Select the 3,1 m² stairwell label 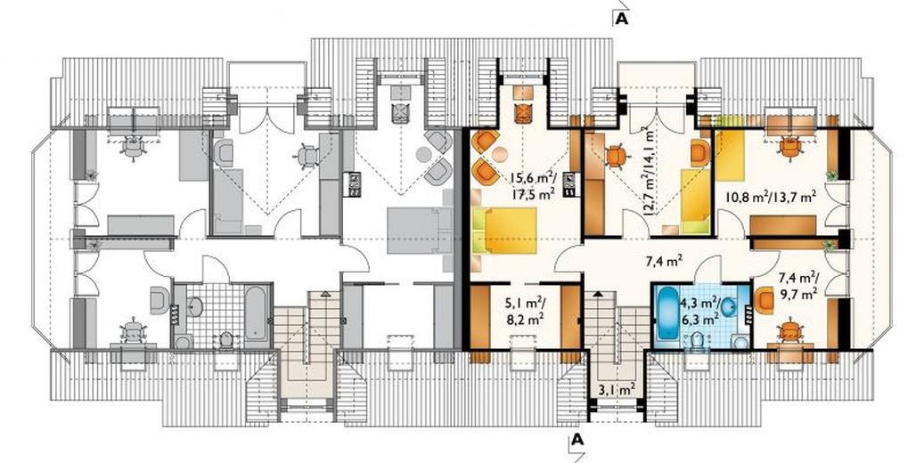[x=617, y=388]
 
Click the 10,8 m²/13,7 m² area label [x=765, y=197]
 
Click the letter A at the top [x=622, y=20]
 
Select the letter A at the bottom [x=577, y=439]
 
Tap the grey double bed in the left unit [x=419, y=231]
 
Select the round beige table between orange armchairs [x=500, y=155]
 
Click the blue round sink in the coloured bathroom [x=731, y=307]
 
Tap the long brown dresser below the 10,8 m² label [x=783, y=225]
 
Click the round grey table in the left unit [x=424, y=155]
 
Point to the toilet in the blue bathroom [x=699, y=340]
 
